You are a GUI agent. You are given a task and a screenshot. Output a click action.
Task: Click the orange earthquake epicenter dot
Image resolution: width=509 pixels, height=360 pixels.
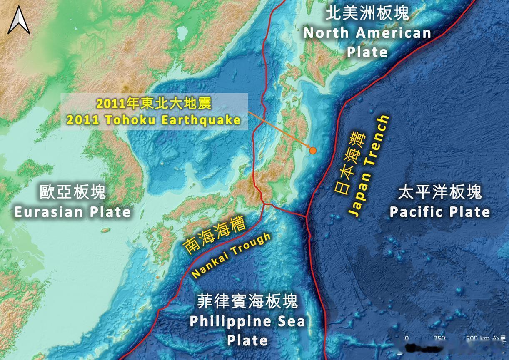(x=312, y=151)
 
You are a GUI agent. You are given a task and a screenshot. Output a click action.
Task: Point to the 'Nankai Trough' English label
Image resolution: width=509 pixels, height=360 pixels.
(x=231, y=256)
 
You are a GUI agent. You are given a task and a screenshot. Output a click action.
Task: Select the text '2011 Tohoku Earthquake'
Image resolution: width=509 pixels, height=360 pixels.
(x=153, y=120)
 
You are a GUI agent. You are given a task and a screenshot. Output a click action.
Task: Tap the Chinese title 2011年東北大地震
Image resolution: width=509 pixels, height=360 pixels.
(x=153, y=104)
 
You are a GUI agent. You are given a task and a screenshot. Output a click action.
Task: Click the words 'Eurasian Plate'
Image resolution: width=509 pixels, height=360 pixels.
(x=73, y=212)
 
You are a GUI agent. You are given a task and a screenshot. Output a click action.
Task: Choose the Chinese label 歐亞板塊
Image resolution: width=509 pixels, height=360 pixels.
(x=73, y=192)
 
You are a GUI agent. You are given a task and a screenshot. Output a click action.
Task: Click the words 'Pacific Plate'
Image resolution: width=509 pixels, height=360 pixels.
(x=440, y=212)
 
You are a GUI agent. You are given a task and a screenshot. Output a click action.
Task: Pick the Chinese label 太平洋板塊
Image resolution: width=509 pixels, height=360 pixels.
(x=440, y=192)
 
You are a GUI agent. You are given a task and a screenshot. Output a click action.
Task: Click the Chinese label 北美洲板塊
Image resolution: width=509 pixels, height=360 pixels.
(x=367, y=14)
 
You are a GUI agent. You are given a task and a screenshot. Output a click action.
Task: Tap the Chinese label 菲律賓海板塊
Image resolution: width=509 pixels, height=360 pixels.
(x=247, y=301)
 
